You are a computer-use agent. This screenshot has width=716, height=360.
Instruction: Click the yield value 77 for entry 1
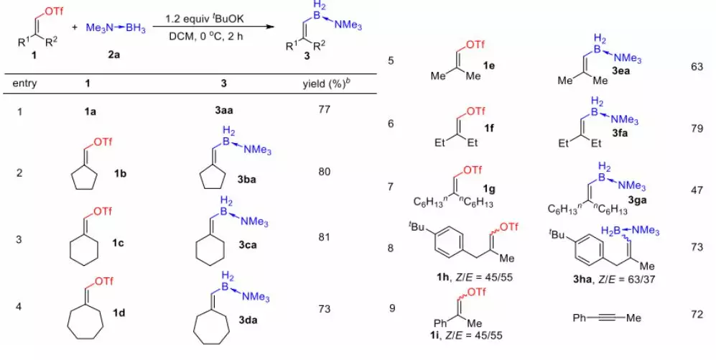[x=322, y=113]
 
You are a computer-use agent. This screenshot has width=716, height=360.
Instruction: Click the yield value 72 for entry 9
[x=695, y=314]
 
